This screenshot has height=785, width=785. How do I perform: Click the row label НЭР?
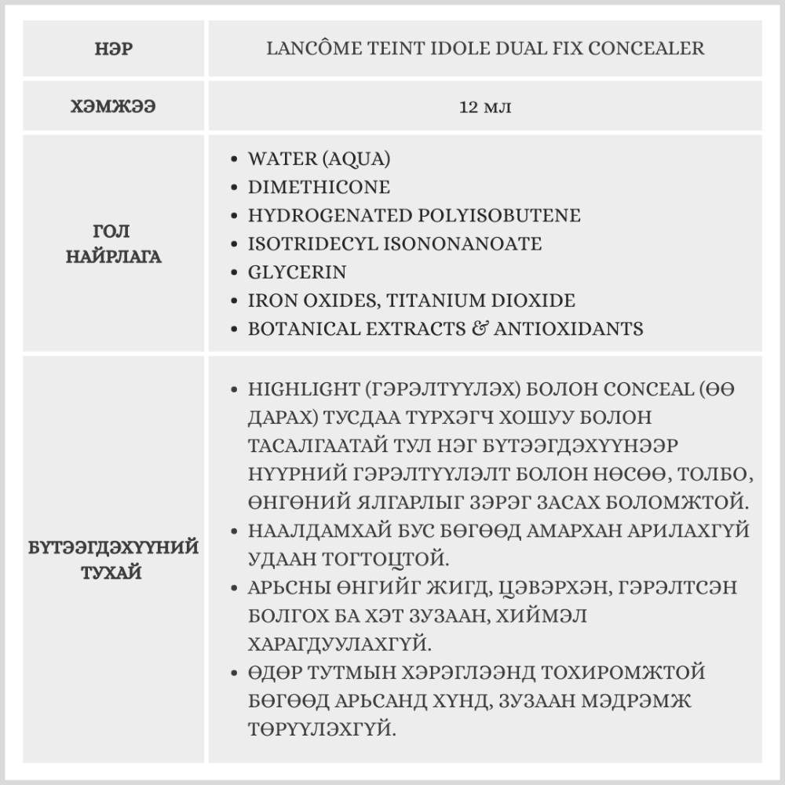(x=114, y=49)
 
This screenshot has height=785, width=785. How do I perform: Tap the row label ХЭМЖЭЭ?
(x=114, y=107)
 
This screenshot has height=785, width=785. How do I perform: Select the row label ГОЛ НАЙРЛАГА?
(x=114, y=243)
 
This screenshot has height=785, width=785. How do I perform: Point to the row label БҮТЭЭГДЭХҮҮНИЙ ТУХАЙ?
(x=114, y=559)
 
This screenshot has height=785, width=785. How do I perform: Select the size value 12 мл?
(x=485, y=107)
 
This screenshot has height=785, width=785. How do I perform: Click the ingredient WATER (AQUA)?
(x=319, y=159)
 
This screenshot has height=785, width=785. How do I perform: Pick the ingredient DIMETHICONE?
(x=319, y=187)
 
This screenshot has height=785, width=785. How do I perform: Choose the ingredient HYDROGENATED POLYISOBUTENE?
(x=414, y=215)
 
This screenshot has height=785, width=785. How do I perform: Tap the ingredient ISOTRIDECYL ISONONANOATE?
(x=394, y=243)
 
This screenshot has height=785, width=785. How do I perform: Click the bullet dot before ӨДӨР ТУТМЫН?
(x=235, y=674)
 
